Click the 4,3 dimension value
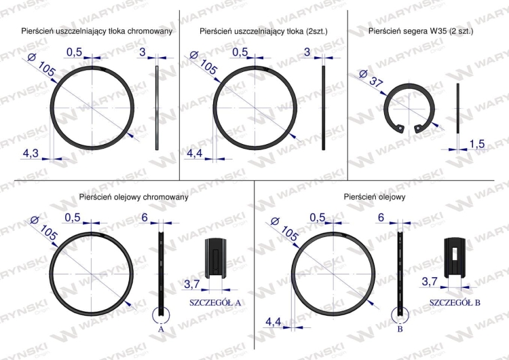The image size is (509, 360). (x=31, y=153)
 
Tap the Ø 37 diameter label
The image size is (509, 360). (x=372, y=79)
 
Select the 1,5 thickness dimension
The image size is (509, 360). (x=477, y=144)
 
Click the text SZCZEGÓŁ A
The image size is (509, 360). (x=215, y=302)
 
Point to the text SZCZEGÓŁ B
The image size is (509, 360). (x=455, y=302)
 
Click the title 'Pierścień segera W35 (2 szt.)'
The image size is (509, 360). (x=421, y=31)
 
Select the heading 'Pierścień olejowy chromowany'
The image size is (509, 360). (x=134, y=197)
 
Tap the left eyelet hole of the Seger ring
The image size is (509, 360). (x=400, y=128)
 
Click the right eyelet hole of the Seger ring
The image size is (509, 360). (x=418, y=129)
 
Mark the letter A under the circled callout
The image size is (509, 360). (x=161, y=329)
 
